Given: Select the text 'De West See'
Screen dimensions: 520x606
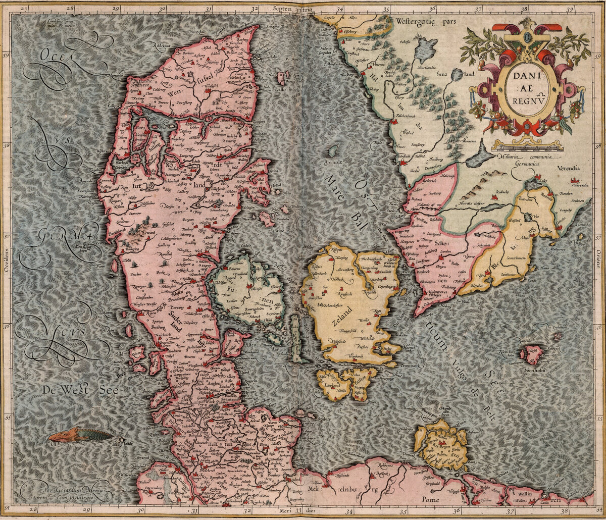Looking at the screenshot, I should point(65,390).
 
